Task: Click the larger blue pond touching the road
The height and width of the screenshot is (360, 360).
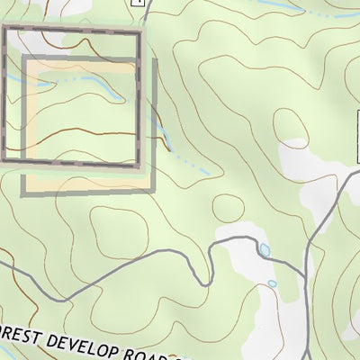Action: [x=265, y=250]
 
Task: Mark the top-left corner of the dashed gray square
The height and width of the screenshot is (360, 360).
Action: [x=4, y=31]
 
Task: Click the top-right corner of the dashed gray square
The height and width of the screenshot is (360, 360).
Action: [x=140, y=32]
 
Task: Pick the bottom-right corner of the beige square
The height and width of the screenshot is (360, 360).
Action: [x=153, y=191]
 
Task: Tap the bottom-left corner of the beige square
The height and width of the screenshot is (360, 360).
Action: [x=23, y=191]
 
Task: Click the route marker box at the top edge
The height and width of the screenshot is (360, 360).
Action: [x=137, y=3]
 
